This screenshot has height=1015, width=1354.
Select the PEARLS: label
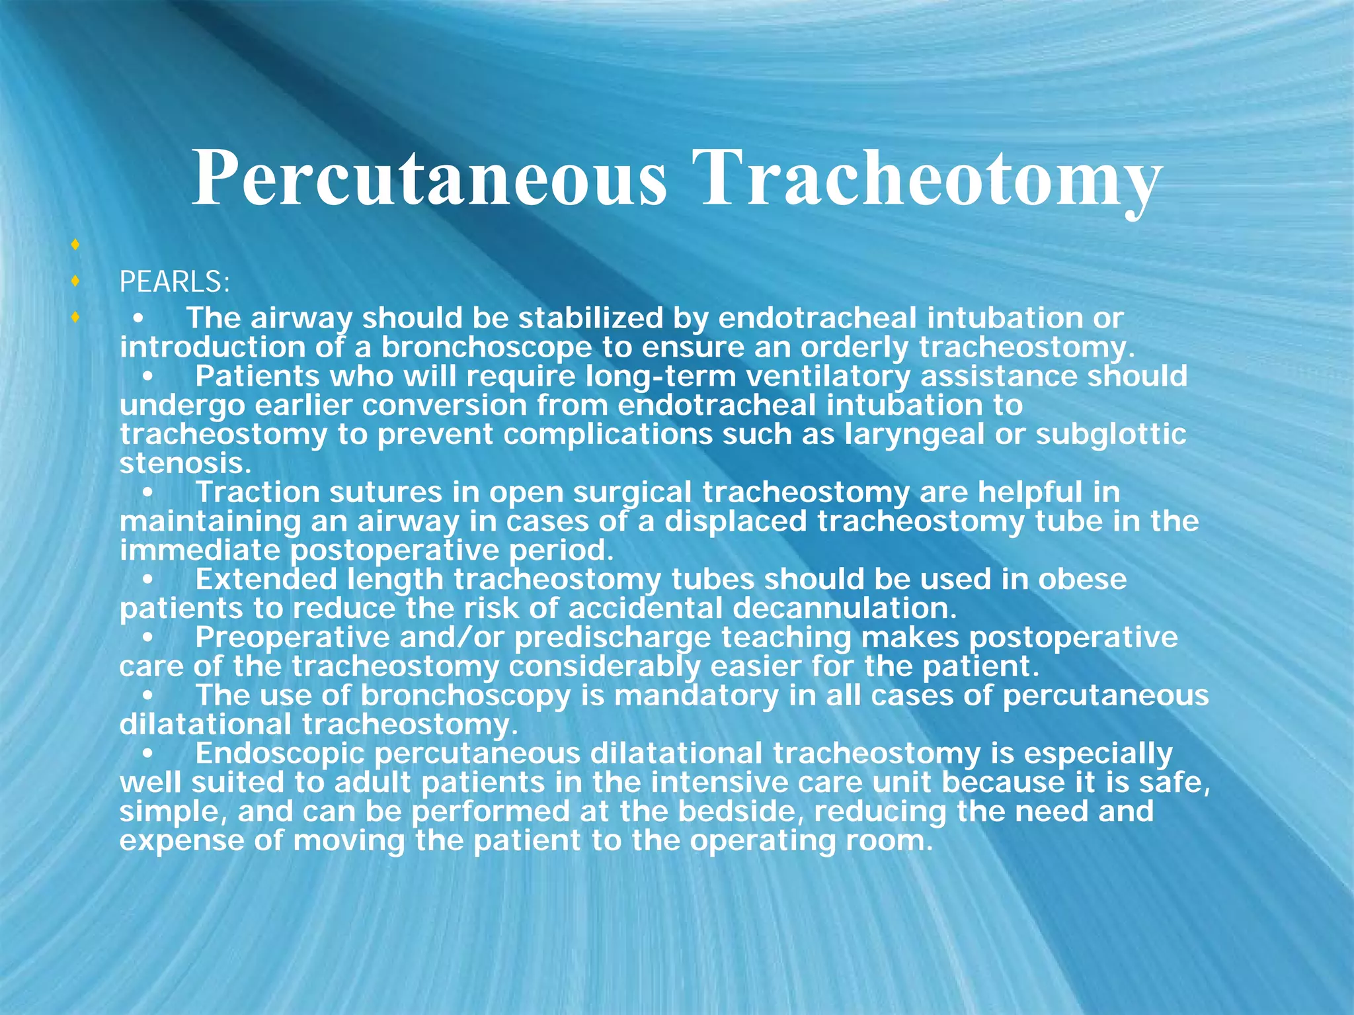[175, 283]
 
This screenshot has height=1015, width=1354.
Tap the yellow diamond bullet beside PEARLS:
[76, 282]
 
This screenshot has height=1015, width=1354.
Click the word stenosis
[185, 463]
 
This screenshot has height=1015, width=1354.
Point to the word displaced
[735, 521]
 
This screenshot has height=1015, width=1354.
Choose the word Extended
[266, 580]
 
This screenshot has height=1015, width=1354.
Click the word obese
[1082, 580]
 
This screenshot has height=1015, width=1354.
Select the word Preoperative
[299, 637]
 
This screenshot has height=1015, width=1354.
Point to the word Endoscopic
[280, 754]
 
